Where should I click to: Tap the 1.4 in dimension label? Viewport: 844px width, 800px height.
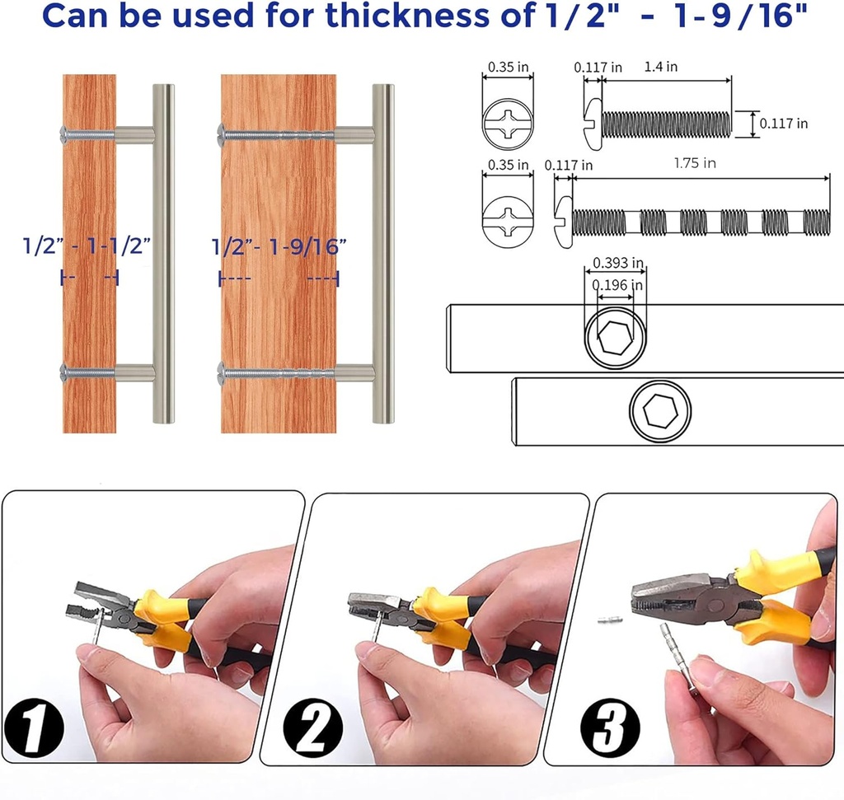click(662, 67)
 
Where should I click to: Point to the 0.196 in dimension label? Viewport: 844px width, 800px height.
click(615, 284)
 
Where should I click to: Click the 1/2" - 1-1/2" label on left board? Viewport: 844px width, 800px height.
click(87, 245)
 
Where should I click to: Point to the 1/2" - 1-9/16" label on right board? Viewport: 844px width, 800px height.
click(279, 246)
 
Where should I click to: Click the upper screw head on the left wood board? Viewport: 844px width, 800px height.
click(64, 133)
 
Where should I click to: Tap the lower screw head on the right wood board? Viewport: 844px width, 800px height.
click(221, 372)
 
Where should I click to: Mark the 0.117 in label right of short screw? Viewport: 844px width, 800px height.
click(783, 124)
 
